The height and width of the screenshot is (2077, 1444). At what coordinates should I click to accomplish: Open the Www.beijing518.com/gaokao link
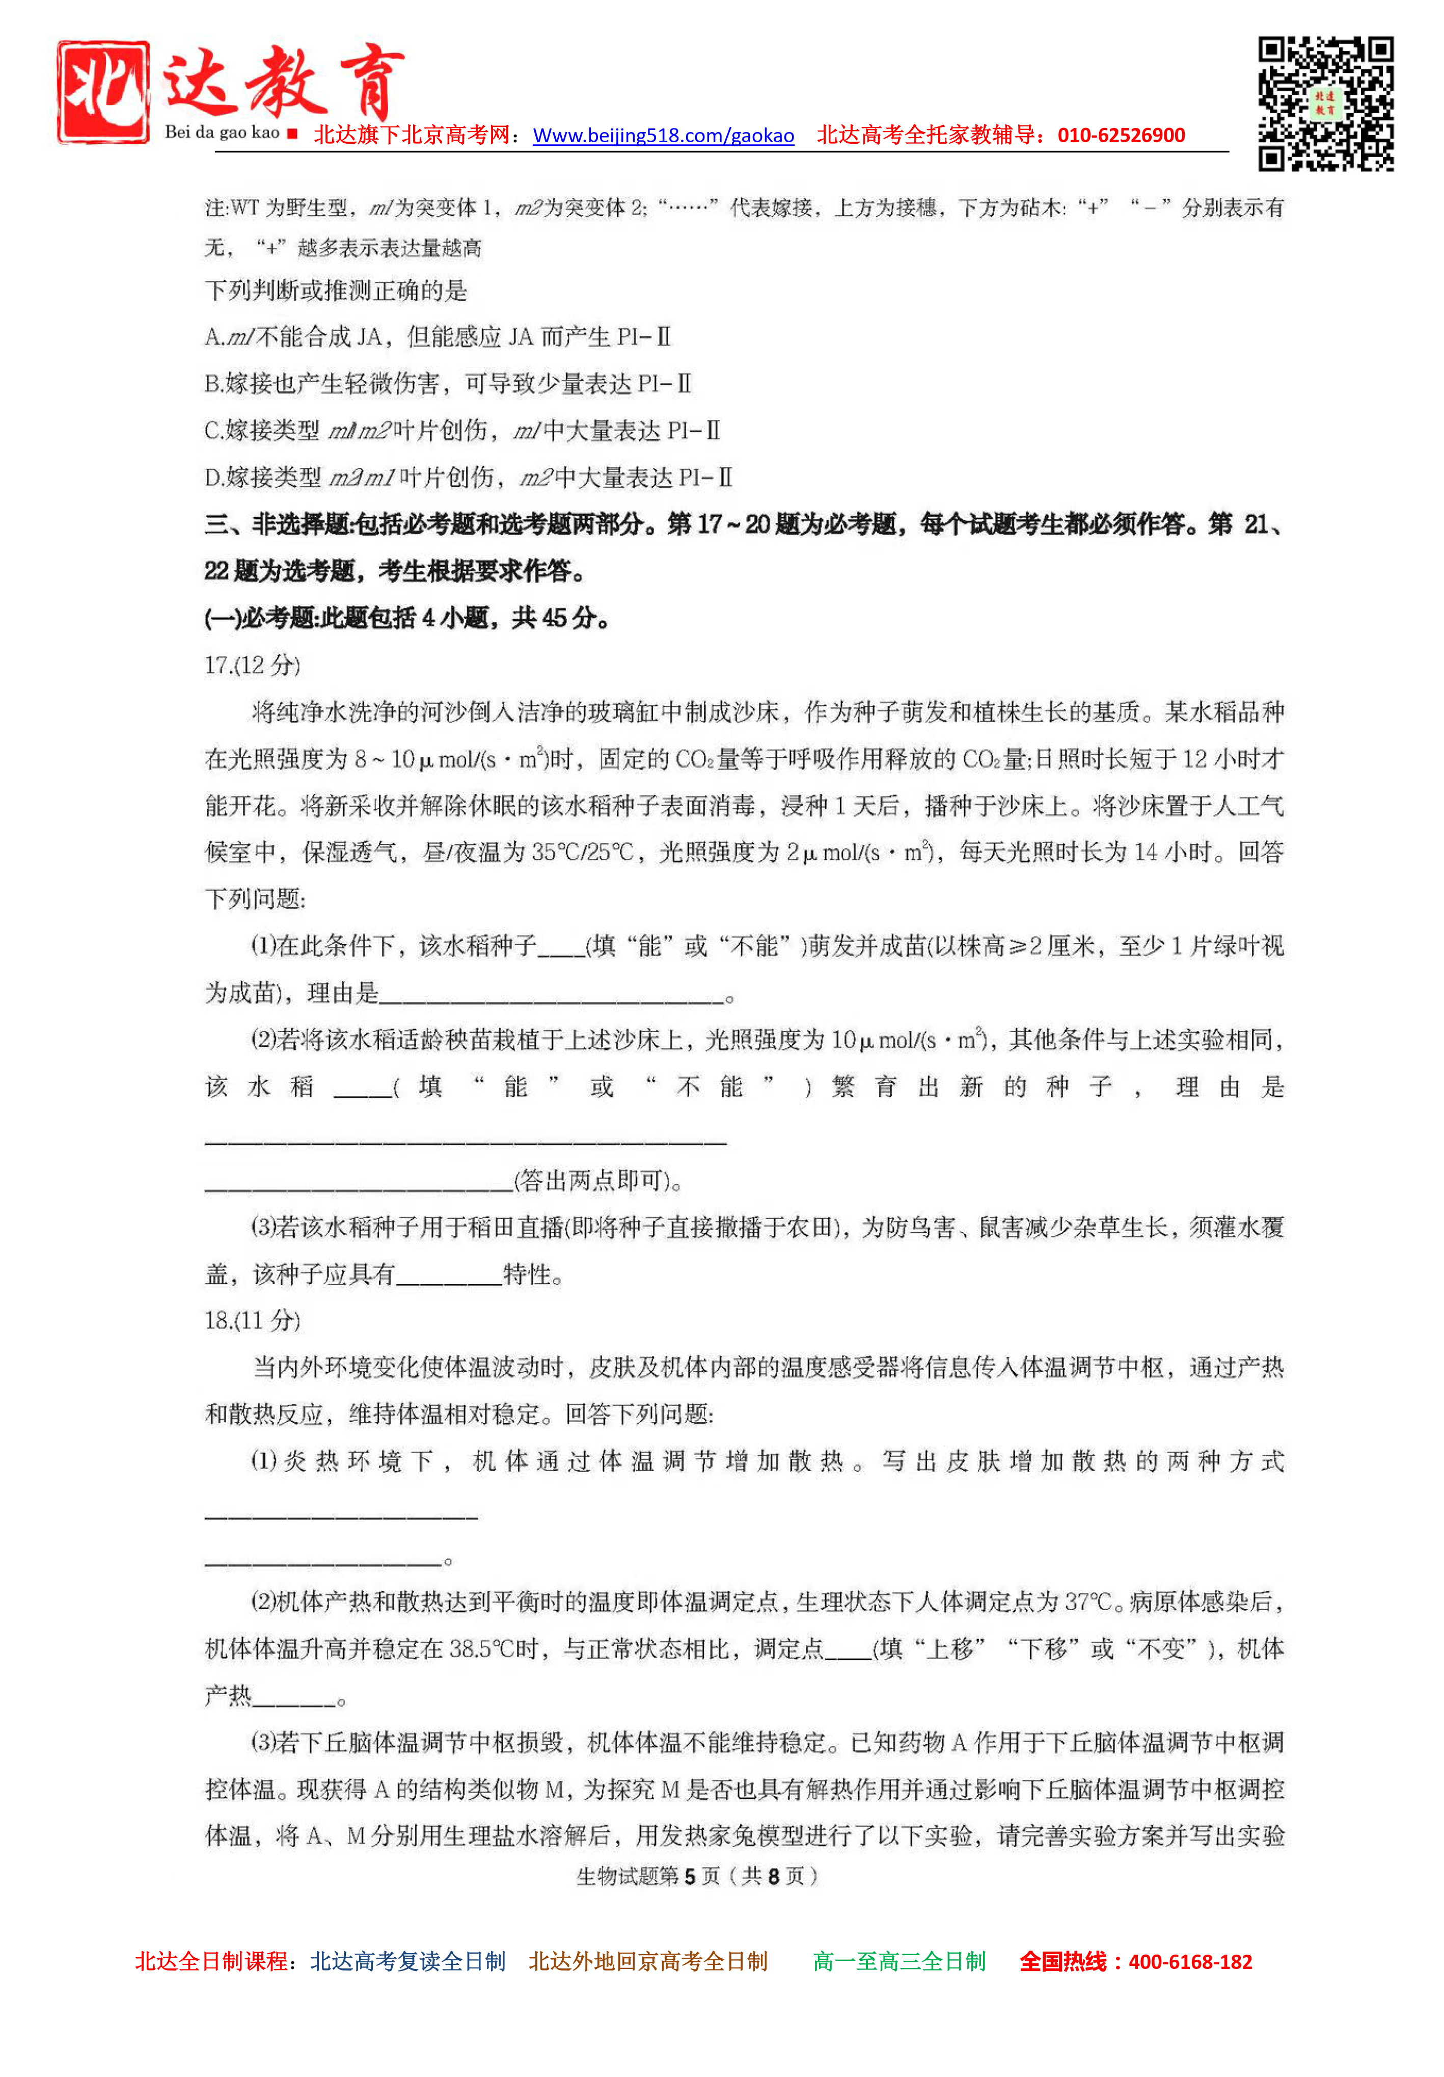point(663,136)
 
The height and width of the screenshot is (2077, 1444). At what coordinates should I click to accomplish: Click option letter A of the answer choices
point(213,337)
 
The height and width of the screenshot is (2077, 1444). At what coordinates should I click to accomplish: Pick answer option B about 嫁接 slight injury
point(448,384)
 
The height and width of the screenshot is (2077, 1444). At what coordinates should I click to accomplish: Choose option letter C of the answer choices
point(213,432)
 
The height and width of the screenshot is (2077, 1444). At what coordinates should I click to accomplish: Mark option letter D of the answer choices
point(213,478)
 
